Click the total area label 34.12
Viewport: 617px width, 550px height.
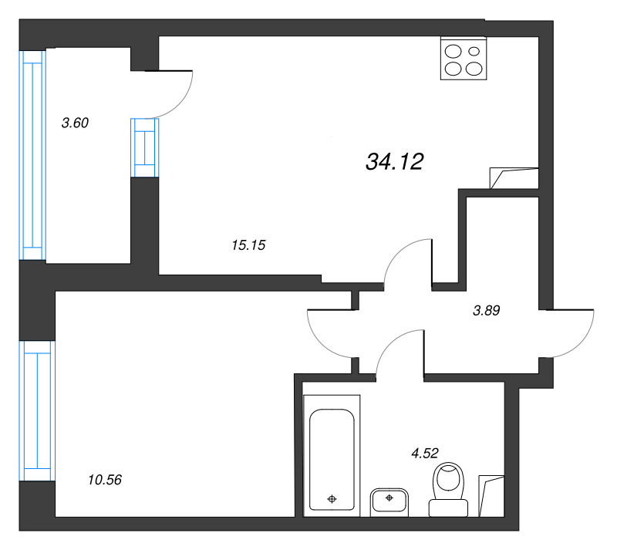[395, 162]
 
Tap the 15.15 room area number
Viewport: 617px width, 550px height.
[248, 245]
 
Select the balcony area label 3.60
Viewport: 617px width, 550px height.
[75, 123]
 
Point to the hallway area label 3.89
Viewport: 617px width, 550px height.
[487, 311]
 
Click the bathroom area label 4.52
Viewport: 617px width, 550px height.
[425, 453]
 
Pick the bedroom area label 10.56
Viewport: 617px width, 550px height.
[105, 480]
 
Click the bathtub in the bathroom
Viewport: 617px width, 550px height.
[332, 456]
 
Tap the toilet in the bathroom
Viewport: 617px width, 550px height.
[448, 489]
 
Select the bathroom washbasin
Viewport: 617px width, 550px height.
[389, 502]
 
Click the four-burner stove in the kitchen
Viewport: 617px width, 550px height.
[464, 59]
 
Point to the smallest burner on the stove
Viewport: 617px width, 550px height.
[474, 51]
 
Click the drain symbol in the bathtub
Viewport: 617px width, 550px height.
[332, 499]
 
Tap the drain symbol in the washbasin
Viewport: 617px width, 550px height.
[389, 498]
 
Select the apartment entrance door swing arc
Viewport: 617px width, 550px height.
[580, 343]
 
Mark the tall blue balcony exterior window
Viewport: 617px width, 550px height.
[32, 155]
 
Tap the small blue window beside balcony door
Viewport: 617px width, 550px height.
[145, 147]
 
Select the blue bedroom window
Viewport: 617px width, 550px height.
[37, 410]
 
